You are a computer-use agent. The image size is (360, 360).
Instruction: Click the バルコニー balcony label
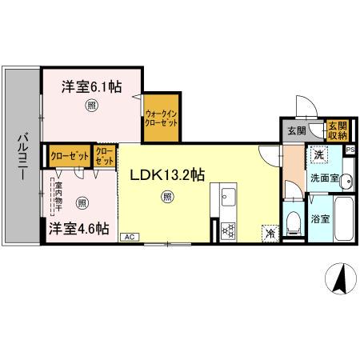tap(23, 157)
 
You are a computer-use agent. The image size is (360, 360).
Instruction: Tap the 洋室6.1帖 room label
tap(92, 87)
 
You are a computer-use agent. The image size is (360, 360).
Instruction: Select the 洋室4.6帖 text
tap(78, 228)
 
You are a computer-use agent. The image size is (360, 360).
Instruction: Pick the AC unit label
tap(128, 237)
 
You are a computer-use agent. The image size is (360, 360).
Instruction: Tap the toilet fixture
tap(293, 220)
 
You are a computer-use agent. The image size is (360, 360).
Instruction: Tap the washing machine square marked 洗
tap(297, 155)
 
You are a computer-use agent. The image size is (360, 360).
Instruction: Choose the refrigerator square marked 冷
tap(270, 233)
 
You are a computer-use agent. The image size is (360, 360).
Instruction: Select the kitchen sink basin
tap(226, 197)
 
